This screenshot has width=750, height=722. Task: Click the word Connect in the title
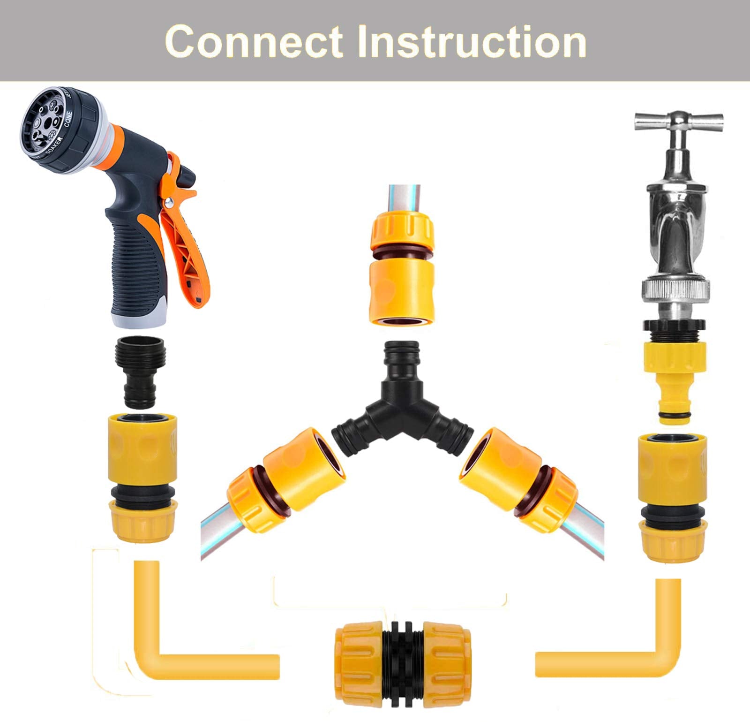coord(254,42)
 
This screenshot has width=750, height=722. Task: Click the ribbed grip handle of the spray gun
coord(136,263)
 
